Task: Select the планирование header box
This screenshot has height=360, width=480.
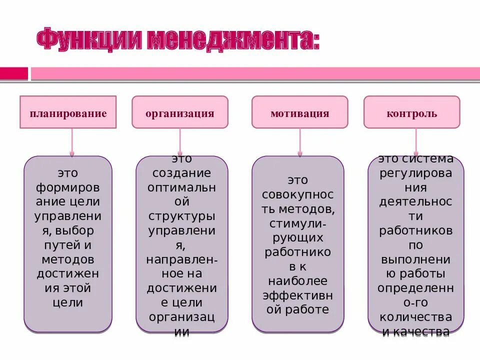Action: point(68,113)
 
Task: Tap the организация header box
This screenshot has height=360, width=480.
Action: point(180,113)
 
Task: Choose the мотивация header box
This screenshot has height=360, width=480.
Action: point(300,113)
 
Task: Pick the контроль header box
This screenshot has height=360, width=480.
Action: point(411,113)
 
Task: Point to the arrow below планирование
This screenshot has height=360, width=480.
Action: point(72,142)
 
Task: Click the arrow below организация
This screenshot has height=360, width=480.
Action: point(180,142)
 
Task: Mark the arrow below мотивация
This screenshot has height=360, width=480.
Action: point(300,142)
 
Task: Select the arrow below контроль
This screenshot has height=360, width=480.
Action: point(415,142)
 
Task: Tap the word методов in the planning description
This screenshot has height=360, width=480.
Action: point(68,259)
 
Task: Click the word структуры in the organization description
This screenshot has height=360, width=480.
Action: point(181,216)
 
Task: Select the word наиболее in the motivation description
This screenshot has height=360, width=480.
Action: point(298,281)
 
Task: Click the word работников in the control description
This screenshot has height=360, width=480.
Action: point(415,231)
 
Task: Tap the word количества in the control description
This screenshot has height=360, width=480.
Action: point(415,317)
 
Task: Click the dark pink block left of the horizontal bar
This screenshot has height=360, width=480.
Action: point(14,73)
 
